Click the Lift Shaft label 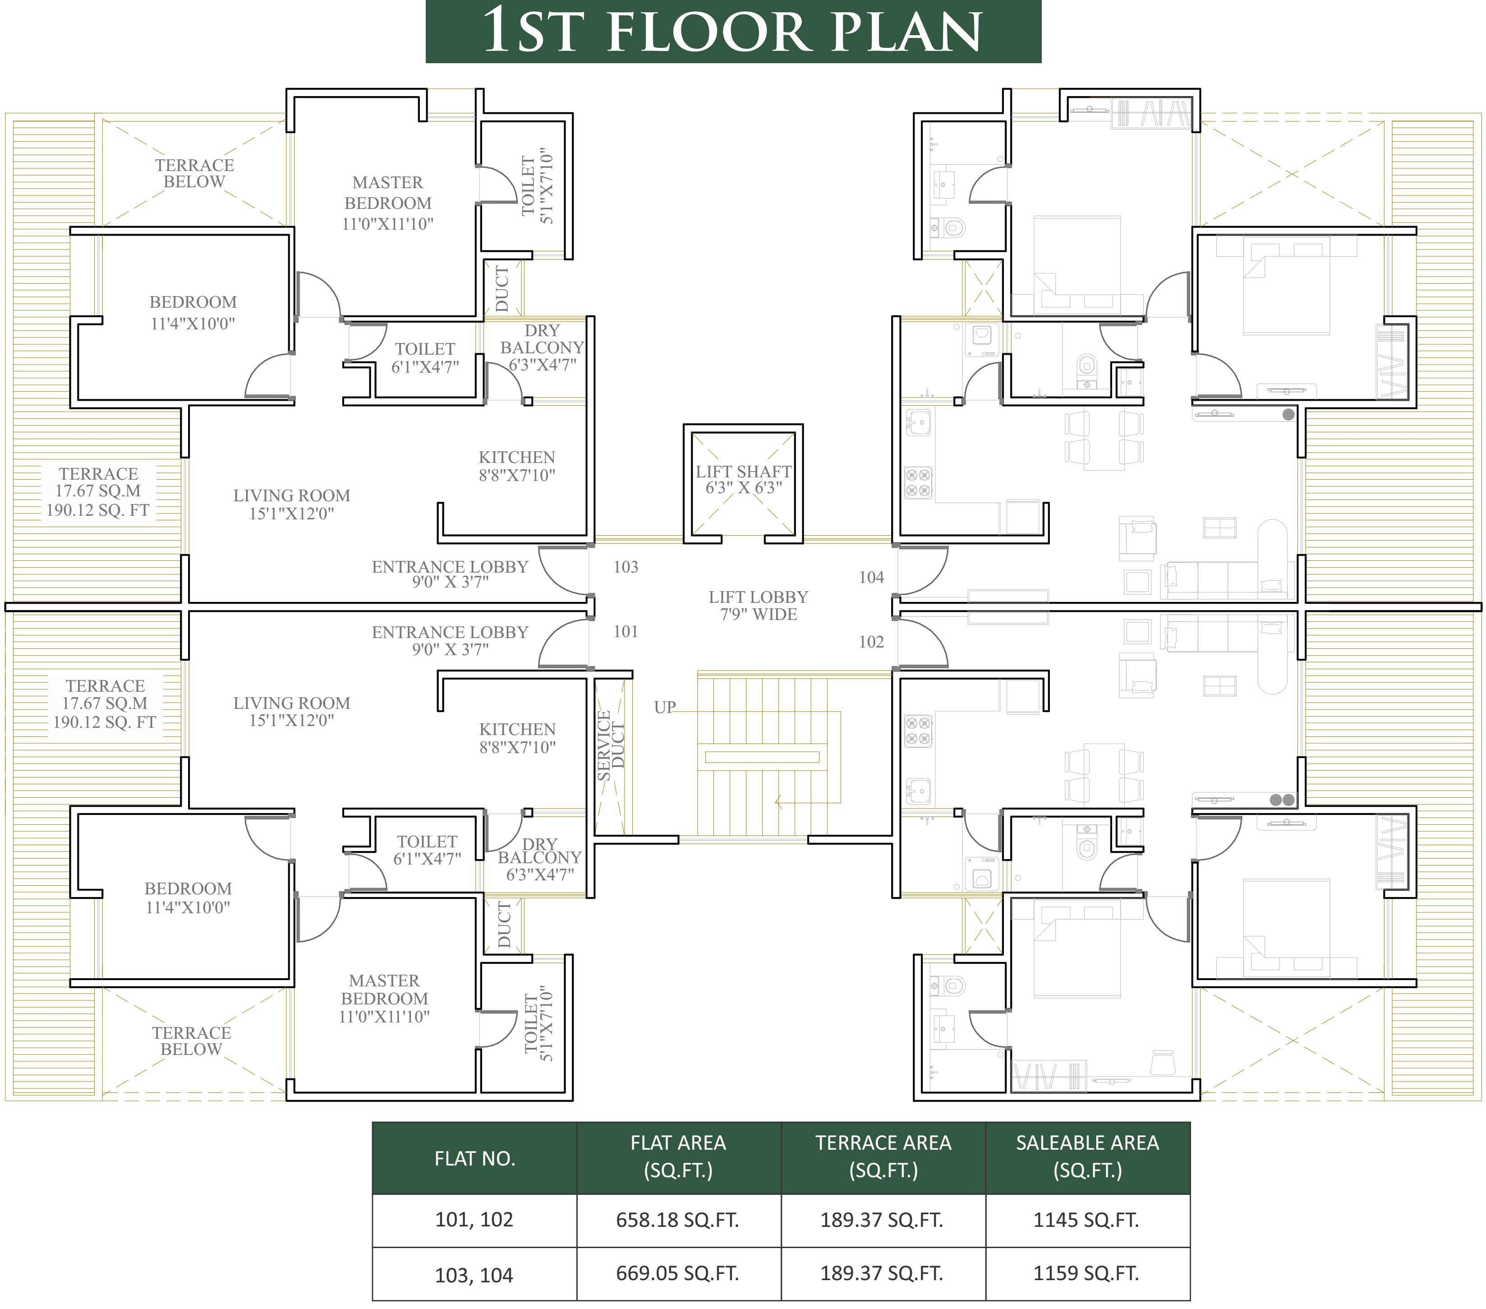[743, 479]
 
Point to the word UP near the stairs [664, 707]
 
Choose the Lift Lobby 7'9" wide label [758, 605]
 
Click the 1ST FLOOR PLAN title [733, 31]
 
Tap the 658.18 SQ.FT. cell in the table [677, 1220]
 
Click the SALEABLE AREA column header [1088, 1156]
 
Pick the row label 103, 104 [474, 1275]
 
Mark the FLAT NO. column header [475, 1158]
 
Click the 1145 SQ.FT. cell [1086, 1220]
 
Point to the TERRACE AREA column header [883, 1156]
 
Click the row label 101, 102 [474, 1220]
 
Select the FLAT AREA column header [678, 1156]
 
